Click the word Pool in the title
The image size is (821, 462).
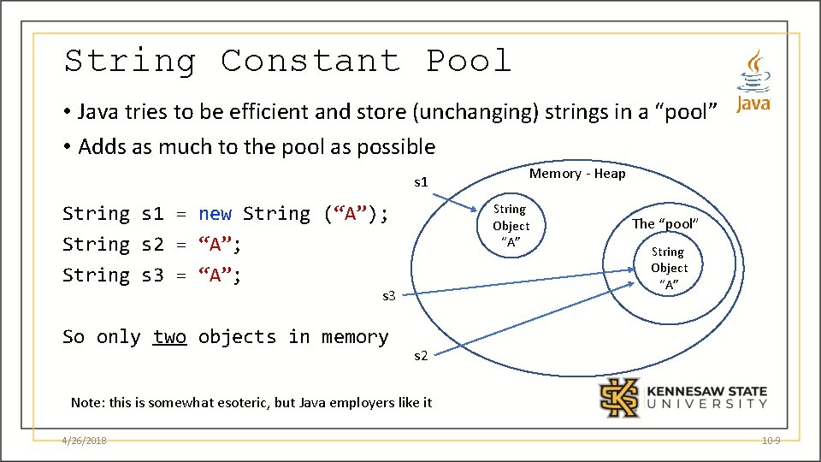click(469, 61)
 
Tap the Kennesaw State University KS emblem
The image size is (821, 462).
click(617, 397)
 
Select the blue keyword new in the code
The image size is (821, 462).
click(215, 213)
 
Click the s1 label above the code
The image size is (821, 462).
click(421, 181)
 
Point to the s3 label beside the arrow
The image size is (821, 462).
click(389, 296)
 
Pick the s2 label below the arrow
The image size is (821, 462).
click(421, 356)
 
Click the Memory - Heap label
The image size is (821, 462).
click(577, 174)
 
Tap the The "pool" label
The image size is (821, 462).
click(666, 223)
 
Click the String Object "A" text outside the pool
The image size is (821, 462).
click(511, 226)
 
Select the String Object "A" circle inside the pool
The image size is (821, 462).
click(669, 268)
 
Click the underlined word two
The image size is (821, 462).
click(169, 336)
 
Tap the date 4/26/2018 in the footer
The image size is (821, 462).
click(85, 441)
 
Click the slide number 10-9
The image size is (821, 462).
click(771, 441)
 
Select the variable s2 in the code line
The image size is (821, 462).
click(152, 245)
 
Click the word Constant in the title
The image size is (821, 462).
click(310, 61)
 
